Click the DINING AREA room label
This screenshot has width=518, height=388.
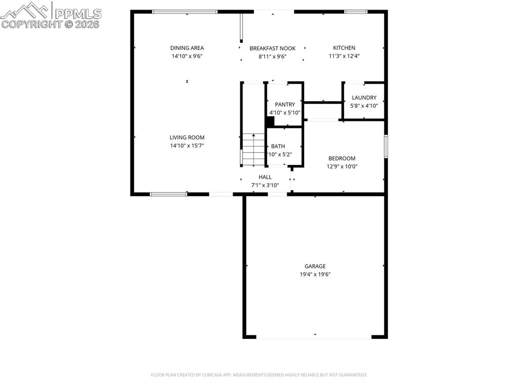click(x=187, y=48)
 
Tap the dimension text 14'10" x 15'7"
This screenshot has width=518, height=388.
click(x=187, y=146)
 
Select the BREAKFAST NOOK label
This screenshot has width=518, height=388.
click(x=272, y=49)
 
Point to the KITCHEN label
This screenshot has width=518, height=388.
click(x=344, y=48)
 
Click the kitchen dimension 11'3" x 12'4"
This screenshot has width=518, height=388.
click(x=344, y=57)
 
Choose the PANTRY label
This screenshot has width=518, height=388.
click(x=285, y=105)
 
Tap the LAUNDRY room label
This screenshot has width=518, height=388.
click(x=364, y=98)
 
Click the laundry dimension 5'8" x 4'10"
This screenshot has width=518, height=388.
click(x=364, y=106)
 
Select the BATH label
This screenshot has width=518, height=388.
click(x=278, y=146)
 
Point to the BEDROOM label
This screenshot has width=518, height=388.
click(x=342, y=158)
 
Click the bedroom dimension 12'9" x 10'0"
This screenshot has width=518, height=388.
click(x=342, y=166)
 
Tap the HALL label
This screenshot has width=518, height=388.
click(x=265, y=177)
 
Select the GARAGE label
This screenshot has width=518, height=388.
click(x=315, y=266)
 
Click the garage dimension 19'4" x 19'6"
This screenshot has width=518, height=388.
click(x=315, y=274)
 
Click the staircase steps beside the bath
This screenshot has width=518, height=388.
click(x=253, y=149)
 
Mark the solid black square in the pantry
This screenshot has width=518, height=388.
click(x=270, y=121)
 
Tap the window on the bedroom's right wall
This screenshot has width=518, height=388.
click(x=385, y=146)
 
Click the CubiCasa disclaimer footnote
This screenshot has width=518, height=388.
click(x=258, y=375)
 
